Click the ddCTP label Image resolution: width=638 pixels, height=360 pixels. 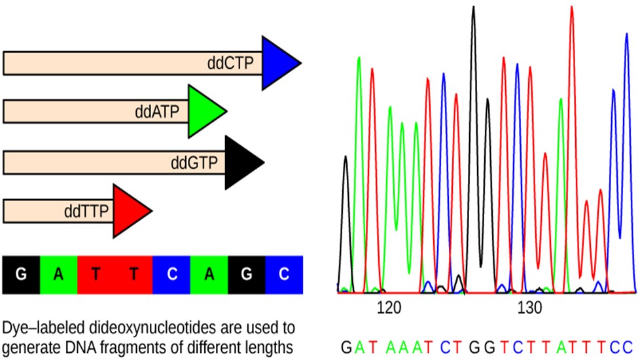(x=230, y=63)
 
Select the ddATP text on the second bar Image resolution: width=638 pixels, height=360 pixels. (x=157, y=111)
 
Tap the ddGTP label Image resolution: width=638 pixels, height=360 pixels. (x=194, y=163)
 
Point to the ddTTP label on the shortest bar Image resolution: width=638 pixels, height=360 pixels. (x=86, y=211)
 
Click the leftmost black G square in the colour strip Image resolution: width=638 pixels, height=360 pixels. (x=21, y=274)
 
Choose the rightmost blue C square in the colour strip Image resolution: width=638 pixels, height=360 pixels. (x=284, y=274)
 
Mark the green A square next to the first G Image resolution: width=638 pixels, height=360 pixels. (x=59, y=274)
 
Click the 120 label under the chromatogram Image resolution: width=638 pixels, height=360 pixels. (x=389, y=308)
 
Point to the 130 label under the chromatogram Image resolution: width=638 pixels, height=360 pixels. (x=530, y=308)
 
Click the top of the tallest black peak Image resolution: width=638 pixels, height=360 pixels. (x=473, y=7)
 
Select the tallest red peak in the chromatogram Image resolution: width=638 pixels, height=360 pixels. (x=572, y=7)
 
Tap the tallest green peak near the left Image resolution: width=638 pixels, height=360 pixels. (x=359, y=58)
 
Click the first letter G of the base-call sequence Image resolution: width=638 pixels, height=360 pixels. (x=346, y=348)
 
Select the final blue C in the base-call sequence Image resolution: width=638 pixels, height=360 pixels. (x=628, y=348)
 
